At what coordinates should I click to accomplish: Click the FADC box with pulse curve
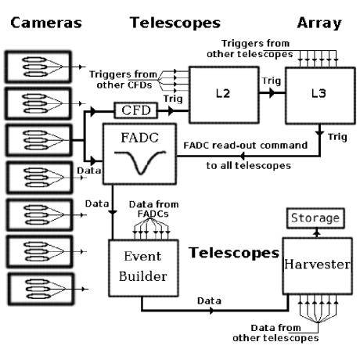click(x=139, y=154)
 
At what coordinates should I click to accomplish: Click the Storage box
click(x=314, y=217)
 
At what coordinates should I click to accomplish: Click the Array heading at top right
click(x=320, y=23)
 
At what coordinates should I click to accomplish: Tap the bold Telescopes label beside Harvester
click(x=234, y=253)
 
